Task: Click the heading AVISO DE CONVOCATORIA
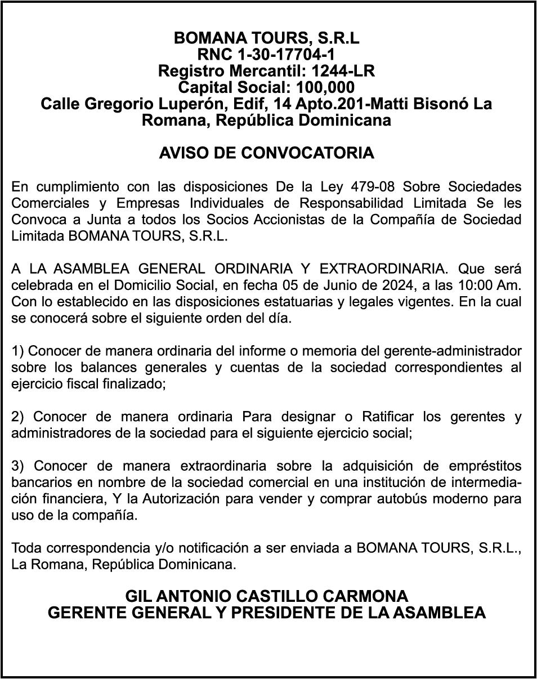tap(267, 153)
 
